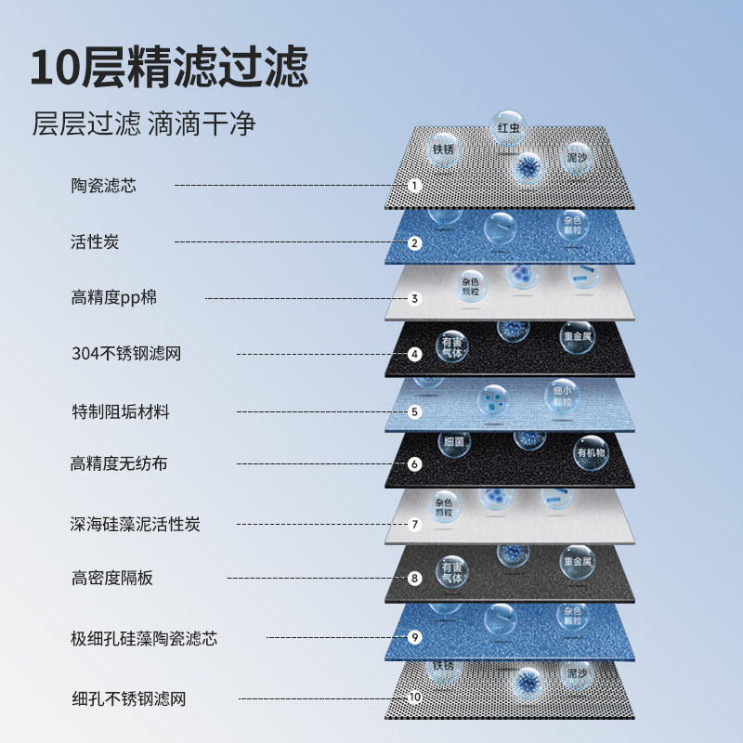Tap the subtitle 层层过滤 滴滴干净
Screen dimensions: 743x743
pyautogui.click(x=144, y=124)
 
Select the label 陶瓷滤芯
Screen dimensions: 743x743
pyautogui.click(x=103, y=185)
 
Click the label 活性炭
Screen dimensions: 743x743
pyautogui.click(x=95, y=242)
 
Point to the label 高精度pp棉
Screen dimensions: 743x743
pyautogui.click(x=120, y=298)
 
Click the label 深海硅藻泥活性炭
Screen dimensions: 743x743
pyautogui.click(x=136, y=524)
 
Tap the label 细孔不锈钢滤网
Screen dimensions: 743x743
pyautogui.click(x=128, y=698)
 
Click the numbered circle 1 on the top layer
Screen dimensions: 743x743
pyautogui.click(x=415, y=186)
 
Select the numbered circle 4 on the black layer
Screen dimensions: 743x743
pyautogui.click(x=415, y=354)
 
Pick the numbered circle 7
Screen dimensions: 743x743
pyautogui.click(x=415, y=524)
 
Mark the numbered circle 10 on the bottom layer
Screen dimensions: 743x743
pyautogui.click(x=414, y=697)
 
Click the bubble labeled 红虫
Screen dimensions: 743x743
pyautogui.click(x=508, y=127)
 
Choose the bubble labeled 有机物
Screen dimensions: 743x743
pyautogui.click(x=591, y=452)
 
